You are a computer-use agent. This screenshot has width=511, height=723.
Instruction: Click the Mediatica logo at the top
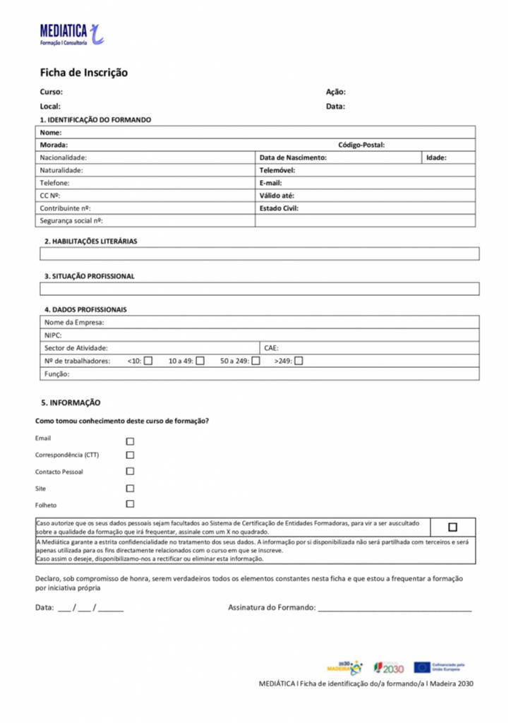click(x=71, y=33)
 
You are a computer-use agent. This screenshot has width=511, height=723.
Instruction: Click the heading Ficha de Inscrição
click(x=83, y=73)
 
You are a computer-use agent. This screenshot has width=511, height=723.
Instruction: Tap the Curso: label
click(x=51, y=92)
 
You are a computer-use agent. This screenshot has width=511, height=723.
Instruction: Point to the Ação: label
click(x=335, y=92)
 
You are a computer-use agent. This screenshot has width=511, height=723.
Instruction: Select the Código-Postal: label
click(x=361, y=145)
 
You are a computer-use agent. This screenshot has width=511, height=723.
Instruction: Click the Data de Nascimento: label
click(x=293, y=157)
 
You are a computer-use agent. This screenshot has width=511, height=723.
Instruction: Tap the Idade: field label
click(x=436, y=157)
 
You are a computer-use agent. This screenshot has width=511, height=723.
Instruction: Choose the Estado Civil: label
click(x=279, y=208)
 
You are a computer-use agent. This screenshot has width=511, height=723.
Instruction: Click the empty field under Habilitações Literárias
click(x=259, y=253)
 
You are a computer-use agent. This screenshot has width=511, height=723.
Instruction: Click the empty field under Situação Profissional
click(x=259, y=289)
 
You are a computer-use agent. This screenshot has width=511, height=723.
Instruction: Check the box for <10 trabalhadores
click(x=148, y=361)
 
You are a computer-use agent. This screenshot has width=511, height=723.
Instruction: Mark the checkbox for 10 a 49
click(x=200, y=361)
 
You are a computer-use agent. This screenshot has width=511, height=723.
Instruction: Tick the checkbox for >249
click(x=299, y=361)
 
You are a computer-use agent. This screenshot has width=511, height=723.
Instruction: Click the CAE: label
click(x=271, y=348)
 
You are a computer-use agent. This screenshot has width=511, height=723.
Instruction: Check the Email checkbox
click(x=130, y=441)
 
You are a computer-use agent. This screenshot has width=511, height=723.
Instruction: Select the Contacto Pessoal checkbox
click(x=130, y=471)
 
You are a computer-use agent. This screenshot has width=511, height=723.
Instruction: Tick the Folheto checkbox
click(x=130, y=504)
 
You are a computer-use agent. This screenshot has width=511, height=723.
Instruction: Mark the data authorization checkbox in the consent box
click(x=452, y=527)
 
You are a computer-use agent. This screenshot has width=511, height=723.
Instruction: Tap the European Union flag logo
click(x=422, y=667)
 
